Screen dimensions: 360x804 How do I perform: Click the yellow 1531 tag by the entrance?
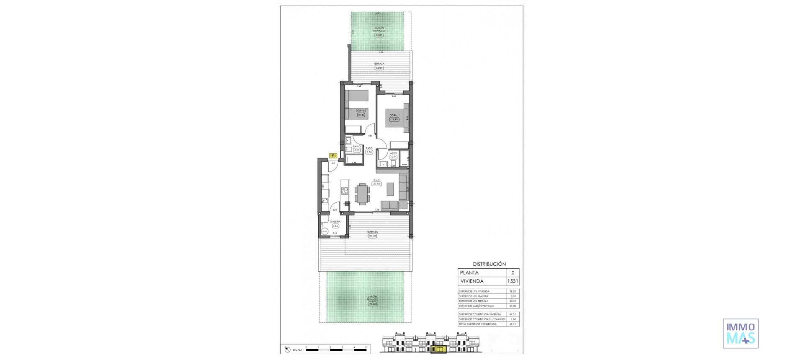[333, 156]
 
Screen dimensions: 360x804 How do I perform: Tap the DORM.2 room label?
[361, 111]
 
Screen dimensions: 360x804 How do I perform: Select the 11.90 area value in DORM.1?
[394, 119]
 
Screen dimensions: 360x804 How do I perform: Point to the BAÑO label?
[357, 146]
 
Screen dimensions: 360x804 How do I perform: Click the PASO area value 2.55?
[369, 152]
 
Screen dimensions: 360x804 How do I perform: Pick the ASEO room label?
[393, 153]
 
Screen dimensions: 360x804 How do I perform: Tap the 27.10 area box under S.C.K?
[376, 184]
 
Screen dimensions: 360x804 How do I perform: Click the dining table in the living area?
[363, 194]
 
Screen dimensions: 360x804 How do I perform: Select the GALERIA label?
[335, 221]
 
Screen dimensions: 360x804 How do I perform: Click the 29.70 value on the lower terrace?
[372, 236]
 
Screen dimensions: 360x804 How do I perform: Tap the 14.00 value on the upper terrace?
[379, 68]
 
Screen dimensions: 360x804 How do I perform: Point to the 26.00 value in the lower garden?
[372, 304]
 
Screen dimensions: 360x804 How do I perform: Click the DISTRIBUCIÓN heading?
[489, 264]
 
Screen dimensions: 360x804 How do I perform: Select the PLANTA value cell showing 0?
[513, 273]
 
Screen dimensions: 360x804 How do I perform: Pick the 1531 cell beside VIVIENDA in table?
[513, 281]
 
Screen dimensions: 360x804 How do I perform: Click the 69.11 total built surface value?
[513, 324]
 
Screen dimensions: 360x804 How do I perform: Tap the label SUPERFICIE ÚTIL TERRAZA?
[474, 301]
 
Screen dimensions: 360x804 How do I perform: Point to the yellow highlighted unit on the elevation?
[439, 349]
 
